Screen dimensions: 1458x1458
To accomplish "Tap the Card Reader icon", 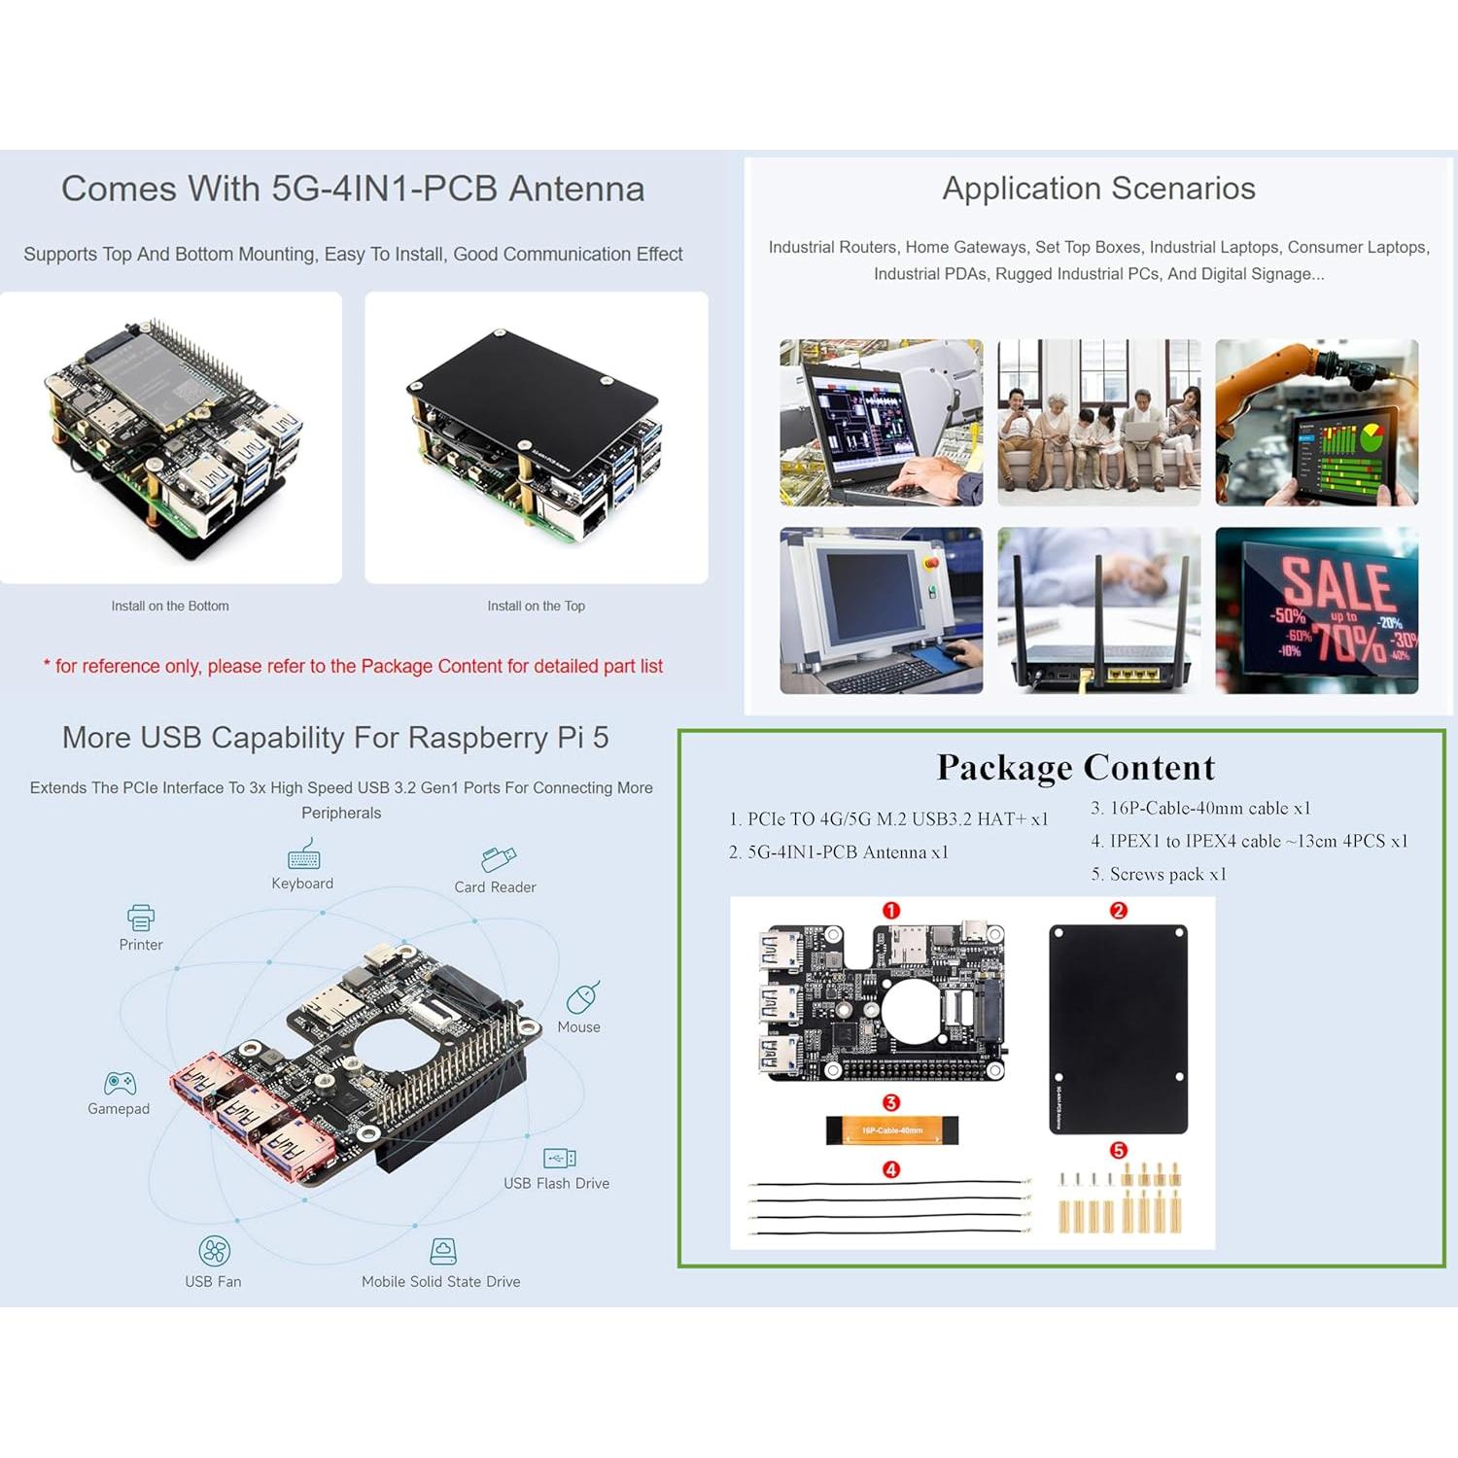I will point(498,859).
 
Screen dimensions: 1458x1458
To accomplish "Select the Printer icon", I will point(141,917).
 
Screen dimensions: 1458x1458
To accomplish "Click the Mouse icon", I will point(582,997).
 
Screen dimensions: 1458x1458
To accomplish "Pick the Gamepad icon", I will point(120,1083).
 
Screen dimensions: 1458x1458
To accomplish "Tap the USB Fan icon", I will point(214,1251).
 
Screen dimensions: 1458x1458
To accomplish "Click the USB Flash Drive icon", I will point(559,1158).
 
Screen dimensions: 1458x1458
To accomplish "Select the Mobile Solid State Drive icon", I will point(443,1251).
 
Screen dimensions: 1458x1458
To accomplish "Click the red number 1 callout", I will point(890,911).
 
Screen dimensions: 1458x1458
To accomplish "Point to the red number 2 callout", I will point(1118,911).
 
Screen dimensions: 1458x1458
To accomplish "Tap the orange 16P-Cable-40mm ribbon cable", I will point(892,1129).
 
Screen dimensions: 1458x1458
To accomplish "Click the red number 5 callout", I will point(1118,1151).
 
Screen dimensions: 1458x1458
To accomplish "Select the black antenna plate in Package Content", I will point(1118,1028).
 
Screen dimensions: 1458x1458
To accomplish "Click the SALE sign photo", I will point(1316,610).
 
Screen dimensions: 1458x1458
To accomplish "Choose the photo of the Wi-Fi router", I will point(1098,610).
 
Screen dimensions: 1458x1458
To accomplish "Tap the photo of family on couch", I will point(1098,423).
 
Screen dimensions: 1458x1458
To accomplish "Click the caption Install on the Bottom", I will point(170,606).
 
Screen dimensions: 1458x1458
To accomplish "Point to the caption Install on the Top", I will point(536,606).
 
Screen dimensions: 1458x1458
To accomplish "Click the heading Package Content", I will point(1075,768).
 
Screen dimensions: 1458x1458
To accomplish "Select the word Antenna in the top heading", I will point(576,189).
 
